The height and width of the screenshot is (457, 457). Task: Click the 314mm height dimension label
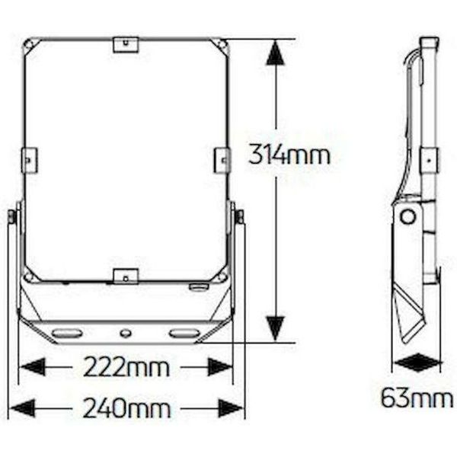coord(289,155)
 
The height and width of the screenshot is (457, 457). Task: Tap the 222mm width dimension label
coord(126,368)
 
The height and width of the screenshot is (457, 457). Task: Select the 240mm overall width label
coord(126,408)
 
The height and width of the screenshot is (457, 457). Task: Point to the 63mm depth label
coord(417,398)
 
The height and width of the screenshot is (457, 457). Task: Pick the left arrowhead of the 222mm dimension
coord(33,367)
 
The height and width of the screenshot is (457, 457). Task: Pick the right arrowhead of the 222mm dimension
coord(219,367)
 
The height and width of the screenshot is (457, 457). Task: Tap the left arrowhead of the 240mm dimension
coord(22,408)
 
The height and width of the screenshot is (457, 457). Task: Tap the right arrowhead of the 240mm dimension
coord(231,408)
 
